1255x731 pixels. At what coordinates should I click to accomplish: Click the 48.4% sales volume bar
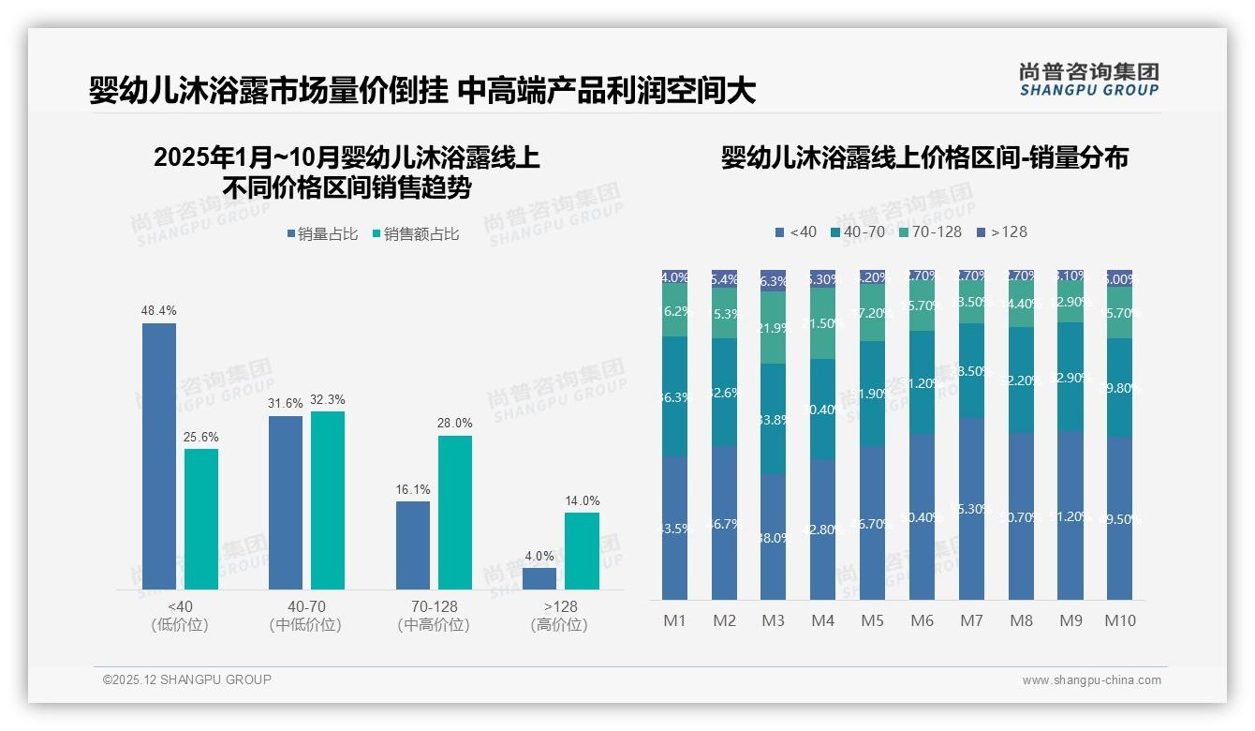click(159, 456)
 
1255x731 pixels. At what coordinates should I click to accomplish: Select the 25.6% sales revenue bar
click(201, 519)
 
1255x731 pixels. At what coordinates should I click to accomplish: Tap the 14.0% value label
click(582, 501)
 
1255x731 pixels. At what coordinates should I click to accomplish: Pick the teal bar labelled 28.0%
click(455, 513)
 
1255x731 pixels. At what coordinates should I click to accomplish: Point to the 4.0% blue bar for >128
click(539, 578)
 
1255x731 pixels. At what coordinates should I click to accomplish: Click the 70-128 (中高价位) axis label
click(433, 616)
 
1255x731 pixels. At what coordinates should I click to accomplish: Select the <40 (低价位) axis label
click(179, 616)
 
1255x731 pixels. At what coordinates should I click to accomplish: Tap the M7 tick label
click(971, 620)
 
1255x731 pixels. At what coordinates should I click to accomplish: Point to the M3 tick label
click(773, 620)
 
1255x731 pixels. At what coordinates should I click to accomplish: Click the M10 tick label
click(1119, 620)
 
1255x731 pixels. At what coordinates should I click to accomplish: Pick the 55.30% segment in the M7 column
click(971, 509)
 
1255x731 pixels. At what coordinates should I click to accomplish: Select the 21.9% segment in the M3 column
click(773, 328)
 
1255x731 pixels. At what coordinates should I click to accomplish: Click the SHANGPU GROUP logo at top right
click(1088, 80)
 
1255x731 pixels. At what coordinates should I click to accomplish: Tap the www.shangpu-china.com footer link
click(1091, 680)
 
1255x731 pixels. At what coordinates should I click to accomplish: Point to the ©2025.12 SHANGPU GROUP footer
click(187, 679)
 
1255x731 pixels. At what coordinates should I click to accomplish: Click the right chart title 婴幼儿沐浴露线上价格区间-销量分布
click(924, 157)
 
